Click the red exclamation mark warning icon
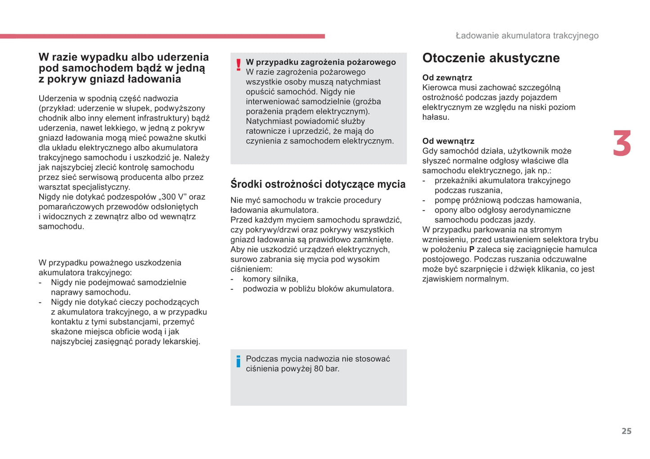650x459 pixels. click(238, 65)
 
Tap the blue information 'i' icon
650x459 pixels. click(238, 361)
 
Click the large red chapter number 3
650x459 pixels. click(622, 144)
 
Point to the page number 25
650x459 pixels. click(626, 431)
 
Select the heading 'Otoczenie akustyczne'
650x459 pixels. click(491, 58)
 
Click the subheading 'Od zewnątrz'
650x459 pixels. click(447, 77)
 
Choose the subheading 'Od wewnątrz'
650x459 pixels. click(448, 141)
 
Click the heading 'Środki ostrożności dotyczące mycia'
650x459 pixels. click(318, 184)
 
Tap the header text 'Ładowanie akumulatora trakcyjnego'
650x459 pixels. click(527, 36)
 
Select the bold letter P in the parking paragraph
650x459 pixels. click(471, 249)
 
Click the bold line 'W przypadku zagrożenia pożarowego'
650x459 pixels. click(321, 62)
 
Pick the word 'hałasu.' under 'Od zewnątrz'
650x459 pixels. click(435, 117)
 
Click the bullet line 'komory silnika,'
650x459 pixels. click(270, 279)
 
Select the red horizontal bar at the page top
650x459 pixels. click(162, 36)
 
